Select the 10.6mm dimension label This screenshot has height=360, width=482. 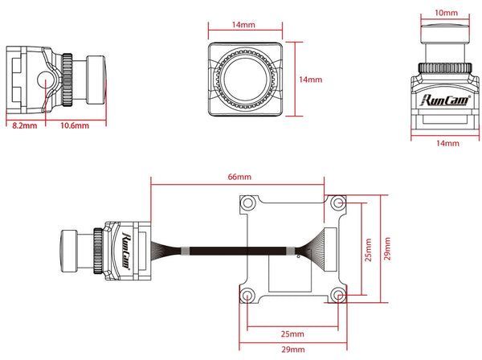coord(73,125)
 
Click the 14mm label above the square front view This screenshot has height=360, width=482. coord(239,25)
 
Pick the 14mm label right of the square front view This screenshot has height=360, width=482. coord(310,80)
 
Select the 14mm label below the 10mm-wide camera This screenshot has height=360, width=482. coord(447,143)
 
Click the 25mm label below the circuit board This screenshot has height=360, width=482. coord(292,333)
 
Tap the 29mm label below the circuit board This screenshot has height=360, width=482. coord(292,350)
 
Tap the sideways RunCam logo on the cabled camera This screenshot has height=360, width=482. coord(128,246)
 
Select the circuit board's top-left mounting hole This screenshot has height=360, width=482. coord(250,203)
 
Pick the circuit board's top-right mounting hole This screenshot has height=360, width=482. coord(336,203)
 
